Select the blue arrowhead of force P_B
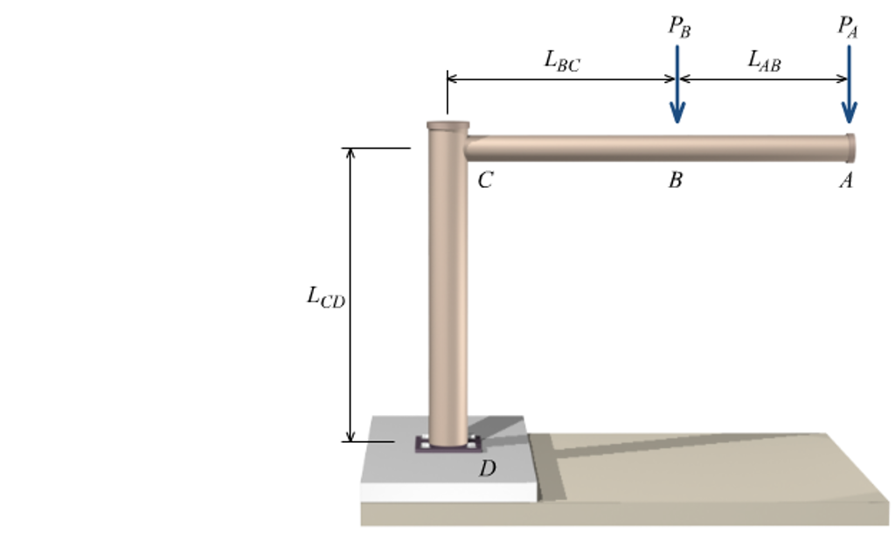pos(677,114)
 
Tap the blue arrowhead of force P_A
pos(849,114)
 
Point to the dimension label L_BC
pos(561,60)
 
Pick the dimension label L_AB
pos(764,60)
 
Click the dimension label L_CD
pos(325,297)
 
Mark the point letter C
pos(486,181)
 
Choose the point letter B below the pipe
pos(675,181)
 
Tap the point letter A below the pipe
pos(845,181)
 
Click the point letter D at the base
pos(487,469)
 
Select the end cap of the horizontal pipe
pos(850,148)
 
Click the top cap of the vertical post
pos(447,126)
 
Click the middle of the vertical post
pos(447,288)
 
